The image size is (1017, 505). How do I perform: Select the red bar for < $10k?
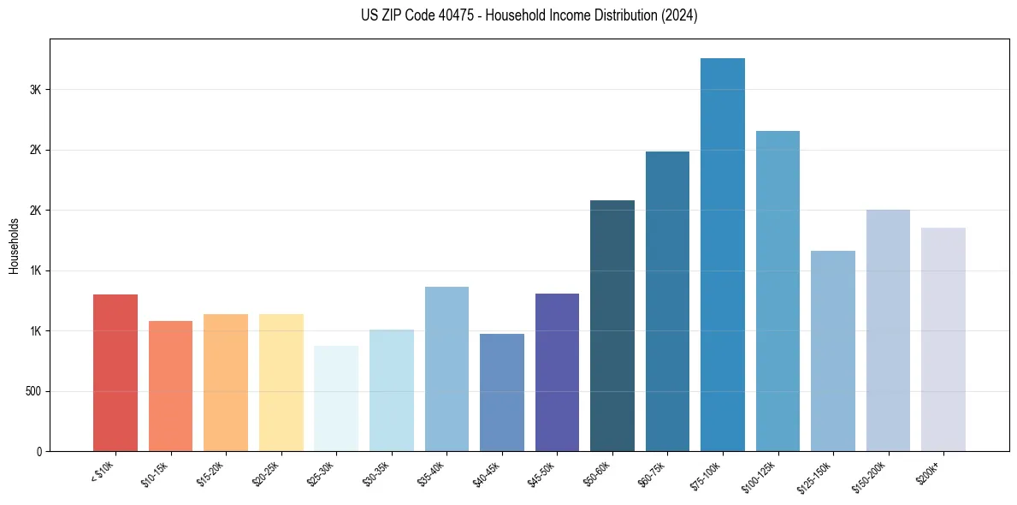click(115, 373)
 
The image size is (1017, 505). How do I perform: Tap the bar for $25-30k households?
click(336, 399)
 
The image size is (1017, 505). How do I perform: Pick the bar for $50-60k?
click(612, 326)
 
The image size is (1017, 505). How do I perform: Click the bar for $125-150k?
click(833, 351)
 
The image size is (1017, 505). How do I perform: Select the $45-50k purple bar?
click(557, 372)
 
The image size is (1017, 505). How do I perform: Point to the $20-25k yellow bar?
click(281, 383)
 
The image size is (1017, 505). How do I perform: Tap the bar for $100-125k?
click(778, 291)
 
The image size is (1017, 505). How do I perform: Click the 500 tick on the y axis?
click(33, 392)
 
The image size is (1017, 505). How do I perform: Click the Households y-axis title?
click(14, 246)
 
